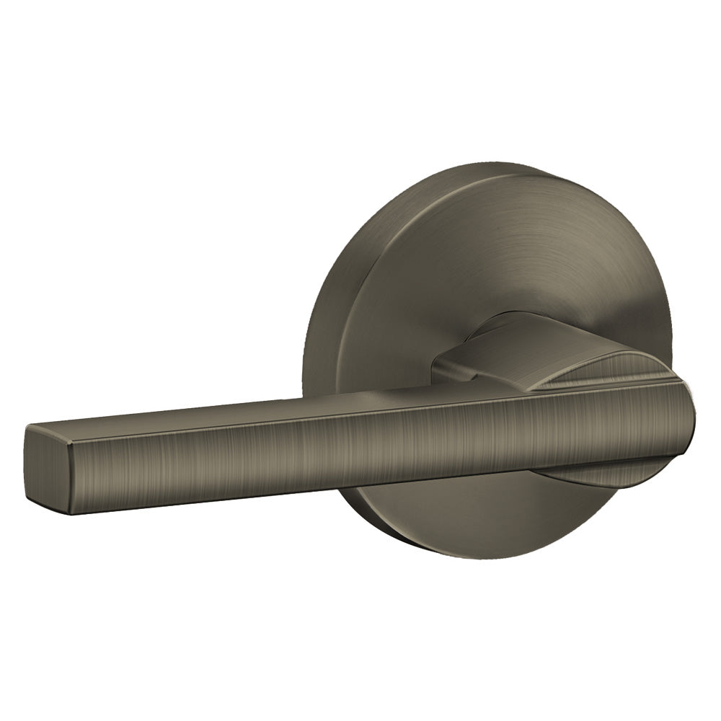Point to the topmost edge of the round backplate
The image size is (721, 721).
tap(505, 164)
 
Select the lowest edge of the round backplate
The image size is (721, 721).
tap(490, 559)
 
